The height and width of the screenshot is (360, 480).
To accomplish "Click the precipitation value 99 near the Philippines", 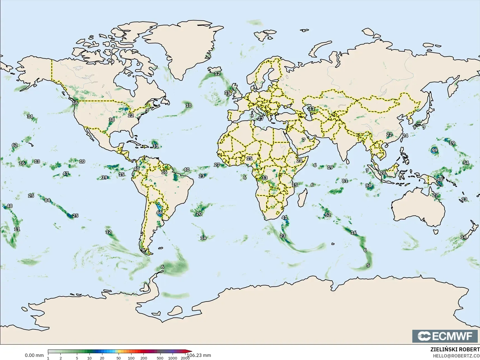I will point(434,150).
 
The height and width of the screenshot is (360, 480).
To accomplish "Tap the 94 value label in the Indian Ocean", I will point(368,185).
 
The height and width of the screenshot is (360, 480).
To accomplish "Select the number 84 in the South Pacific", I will point(47,200).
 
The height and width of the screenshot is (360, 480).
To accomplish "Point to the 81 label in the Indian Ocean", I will point(345,181).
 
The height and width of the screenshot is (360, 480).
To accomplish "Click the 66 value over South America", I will point(159,212).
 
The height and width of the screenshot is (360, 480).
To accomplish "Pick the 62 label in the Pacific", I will point(15,145).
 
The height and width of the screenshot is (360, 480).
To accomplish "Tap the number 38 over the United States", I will point(112,119).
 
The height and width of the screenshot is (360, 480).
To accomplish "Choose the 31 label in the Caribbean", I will point(156,146).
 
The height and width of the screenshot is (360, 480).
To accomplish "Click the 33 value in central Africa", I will point(264,178).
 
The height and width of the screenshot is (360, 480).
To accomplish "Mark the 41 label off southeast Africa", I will point(284,217).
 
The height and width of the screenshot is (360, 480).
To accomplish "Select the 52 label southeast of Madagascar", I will point(328,215).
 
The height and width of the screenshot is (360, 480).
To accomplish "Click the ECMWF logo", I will point(445,336).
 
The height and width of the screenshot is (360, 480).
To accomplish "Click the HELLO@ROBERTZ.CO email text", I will point(457,356).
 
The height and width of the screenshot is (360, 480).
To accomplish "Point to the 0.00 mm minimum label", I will point(34,355).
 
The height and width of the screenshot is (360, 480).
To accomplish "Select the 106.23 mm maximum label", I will point(199,355).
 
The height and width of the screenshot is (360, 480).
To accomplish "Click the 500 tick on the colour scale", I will point(160,358).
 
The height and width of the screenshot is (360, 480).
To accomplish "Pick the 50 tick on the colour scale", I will point(119,358).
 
